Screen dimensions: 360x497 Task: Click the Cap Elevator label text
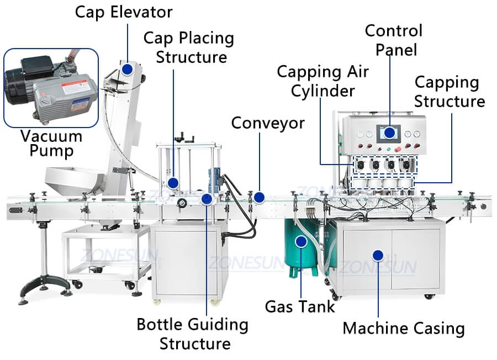(123, 12)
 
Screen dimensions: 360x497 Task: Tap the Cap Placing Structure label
(189, 47)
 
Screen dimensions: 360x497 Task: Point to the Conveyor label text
(267, 123)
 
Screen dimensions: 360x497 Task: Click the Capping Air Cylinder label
(322, 81)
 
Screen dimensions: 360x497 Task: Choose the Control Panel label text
(393, 39)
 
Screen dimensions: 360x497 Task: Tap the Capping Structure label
(449, 92)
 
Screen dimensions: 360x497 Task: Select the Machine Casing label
(403, 328)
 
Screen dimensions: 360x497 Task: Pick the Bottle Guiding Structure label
(192, 333)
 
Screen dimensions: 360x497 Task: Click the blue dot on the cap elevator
(128, 70)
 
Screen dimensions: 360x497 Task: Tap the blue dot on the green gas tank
(300, 241)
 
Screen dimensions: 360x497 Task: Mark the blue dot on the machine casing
(378, 255)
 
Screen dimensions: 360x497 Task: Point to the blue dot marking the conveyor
(259, 197)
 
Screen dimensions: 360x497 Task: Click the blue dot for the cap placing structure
(173, 183)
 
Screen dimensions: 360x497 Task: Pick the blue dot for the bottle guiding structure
(207, 199)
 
